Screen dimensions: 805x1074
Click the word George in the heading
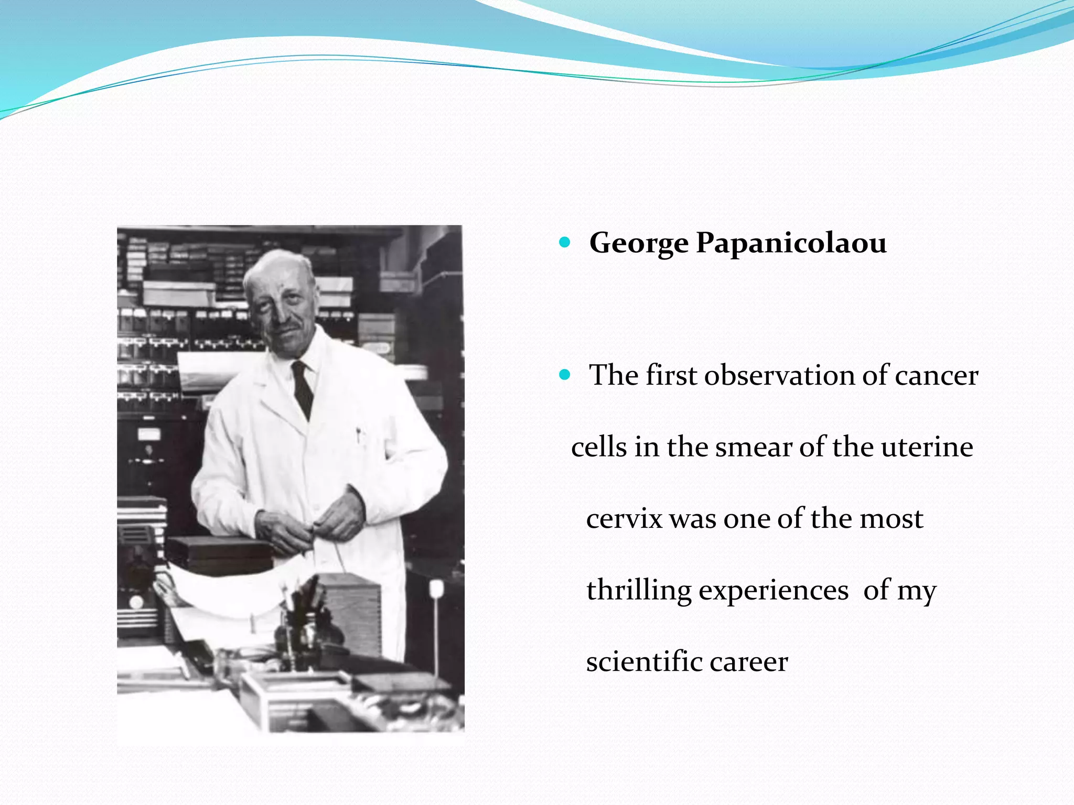pos(638,244)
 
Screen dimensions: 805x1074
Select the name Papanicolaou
pos(791,244)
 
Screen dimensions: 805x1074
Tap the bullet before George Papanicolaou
pos(565,242)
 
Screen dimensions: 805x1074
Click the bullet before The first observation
pos(565,375)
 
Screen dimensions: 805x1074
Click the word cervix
pos(624,519)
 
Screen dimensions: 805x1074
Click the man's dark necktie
pos(303,388)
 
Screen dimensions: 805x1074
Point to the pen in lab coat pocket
pos(359,435)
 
